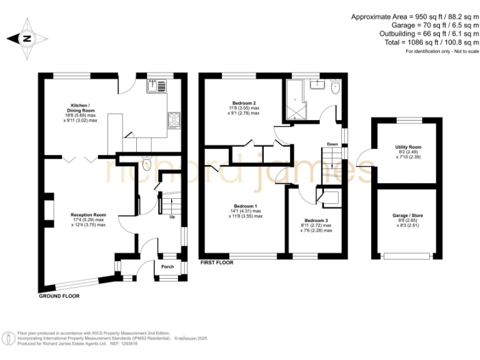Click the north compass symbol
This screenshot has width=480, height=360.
pos(26,38)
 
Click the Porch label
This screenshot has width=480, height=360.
pos(167,267)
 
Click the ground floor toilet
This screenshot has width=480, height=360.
pos(147,164)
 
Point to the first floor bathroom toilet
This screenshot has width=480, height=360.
pos(334,88)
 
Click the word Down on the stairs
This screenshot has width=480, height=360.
pos(332,144)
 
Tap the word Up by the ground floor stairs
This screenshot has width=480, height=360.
pos(172,217)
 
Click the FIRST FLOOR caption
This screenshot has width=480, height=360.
pos(216,263)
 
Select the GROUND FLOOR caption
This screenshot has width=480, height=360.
pos(59,296)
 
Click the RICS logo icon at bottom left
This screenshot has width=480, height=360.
pos(9,338)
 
